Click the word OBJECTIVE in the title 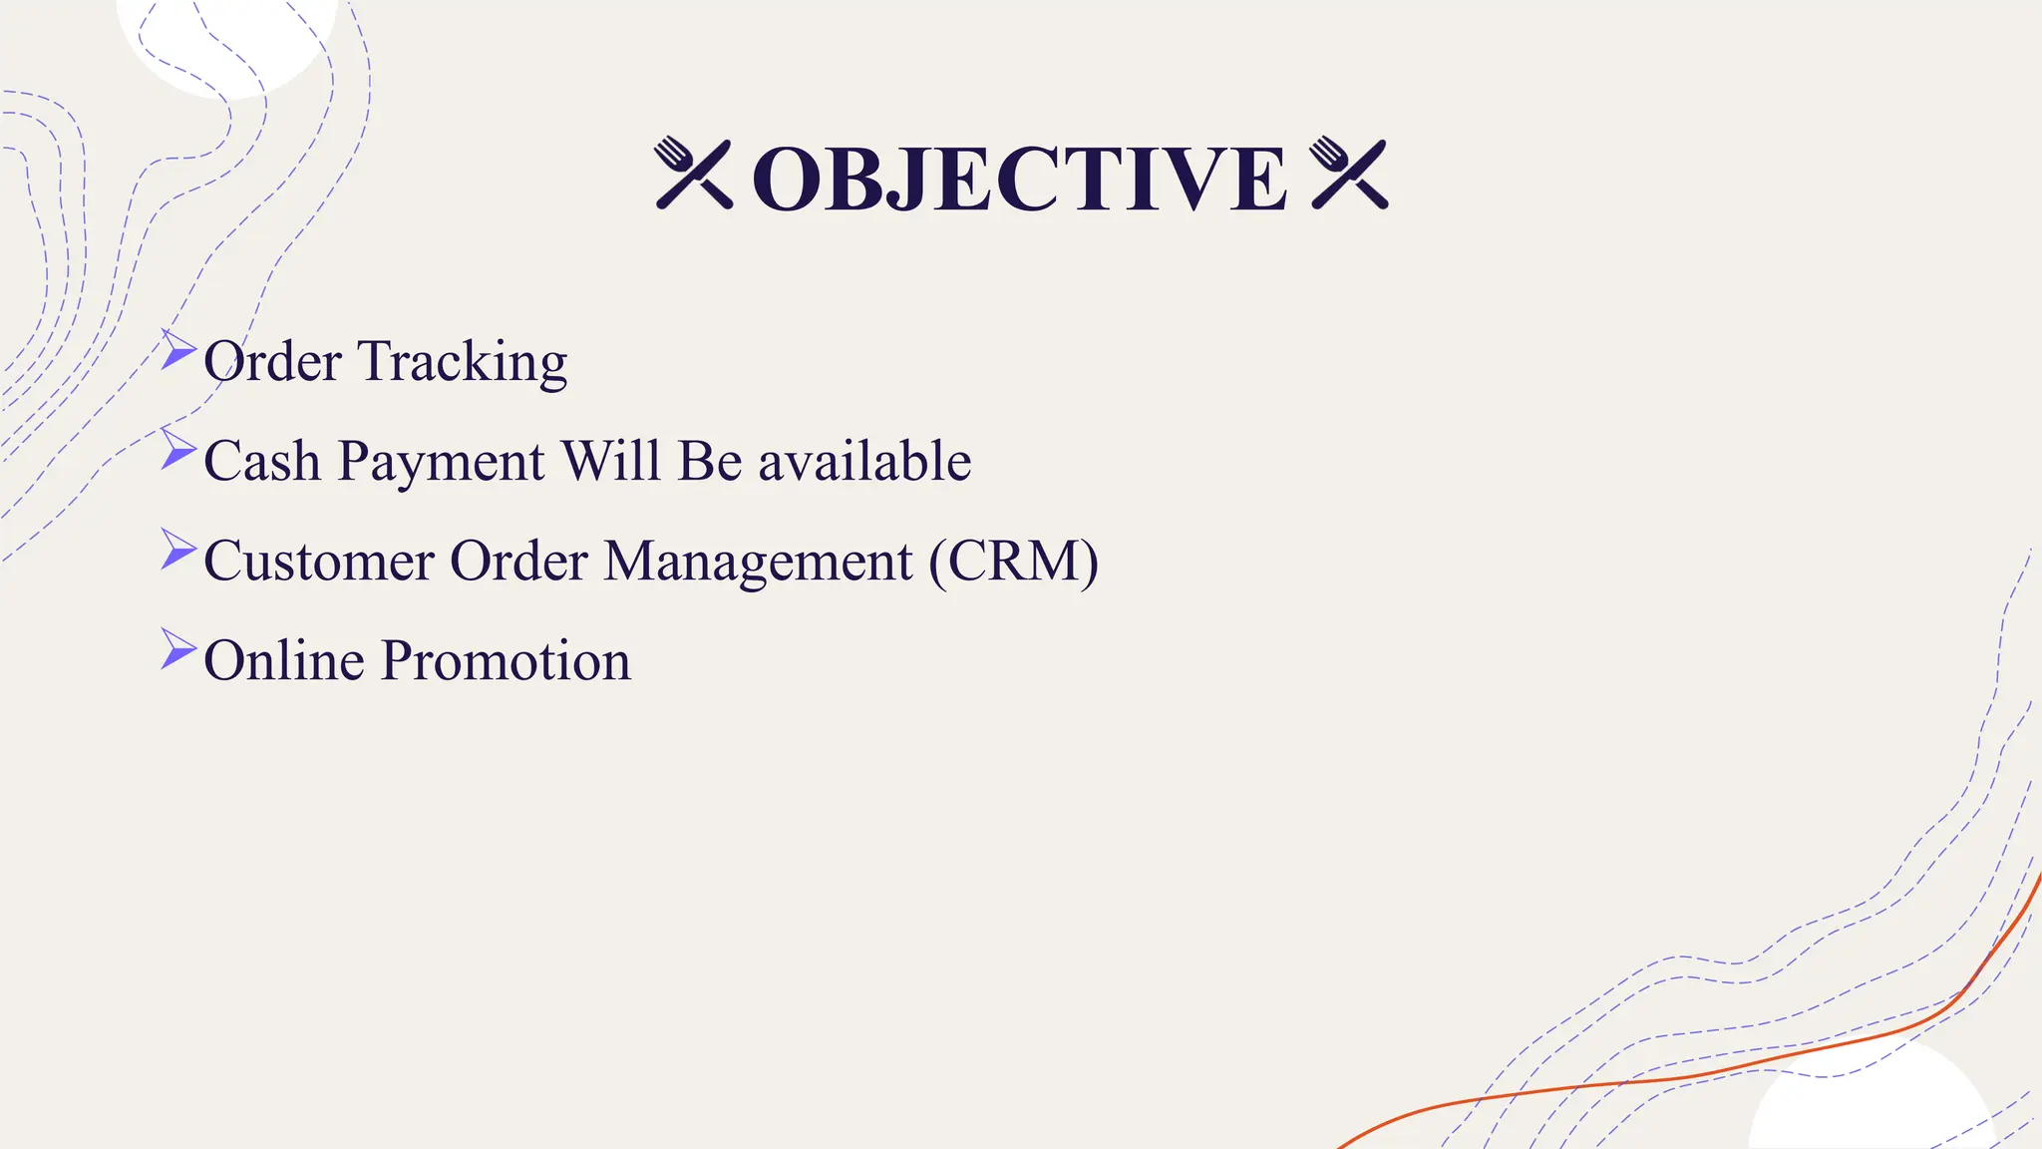[x=1019, y=180]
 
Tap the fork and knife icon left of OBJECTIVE [x=694, y=174]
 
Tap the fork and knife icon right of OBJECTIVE [x=1349, y=174]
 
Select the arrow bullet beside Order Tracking [x=177, y=350]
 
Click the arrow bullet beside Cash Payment [x=177, y=450]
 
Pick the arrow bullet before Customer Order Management [x=177, y=550]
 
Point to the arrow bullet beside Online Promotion [x=177, y=649]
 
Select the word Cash [x=262, y=461]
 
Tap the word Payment [x=441, y=463]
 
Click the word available [x=864, y=461]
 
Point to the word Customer [x=318, y=561]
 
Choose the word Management [x=758, y=563]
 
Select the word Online [x=284, y=660]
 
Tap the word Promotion [x=506, y=660]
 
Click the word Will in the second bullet [x=611, y=461]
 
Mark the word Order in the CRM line [x=518, y=561]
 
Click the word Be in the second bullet [x=710, y=461]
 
